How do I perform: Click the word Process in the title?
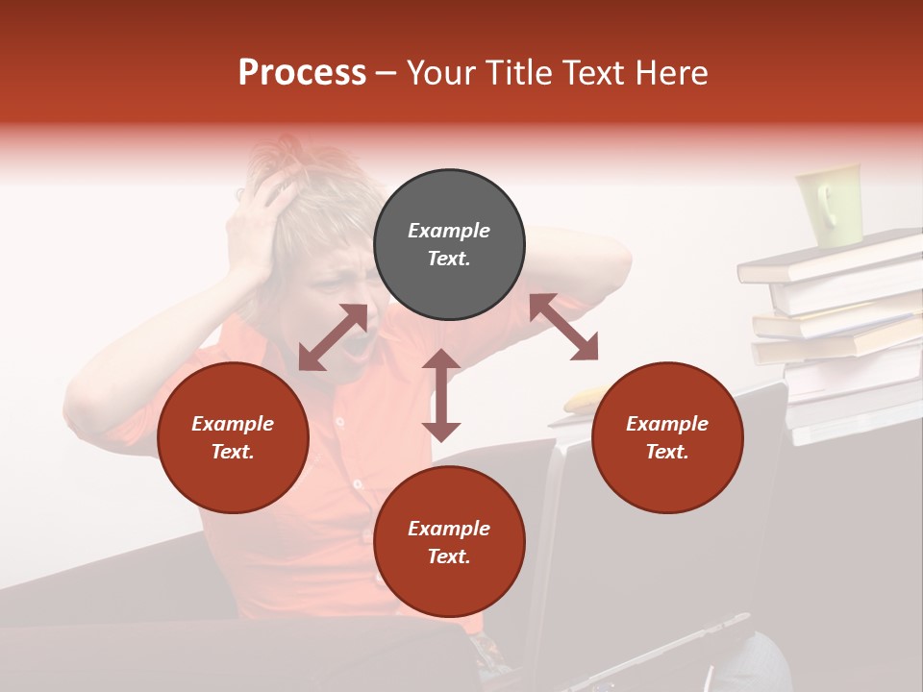(x=302, y=73)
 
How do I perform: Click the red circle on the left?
(x=233, y=437)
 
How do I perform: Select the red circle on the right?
(x=667, y=437)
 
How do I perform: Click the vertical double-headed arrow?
(x=441, y=395)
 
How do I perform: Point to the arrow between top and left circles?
(x=333, y=337)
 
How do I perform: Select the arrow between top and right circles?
(x=564, y=327)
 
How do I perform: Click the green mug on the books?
(x=828, y=204)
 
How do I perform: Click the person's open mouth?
(x=359, y=348)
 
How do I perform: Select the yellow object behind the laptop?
(x=583, y=400)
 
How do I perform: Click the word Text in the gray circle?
(x=448, y=259)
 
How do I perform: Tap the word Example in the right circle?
(x=667, y=424)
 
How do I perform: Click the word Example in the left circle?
(x=233, y=424)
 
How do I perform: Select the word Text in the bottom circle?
(x=448, y=556)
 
